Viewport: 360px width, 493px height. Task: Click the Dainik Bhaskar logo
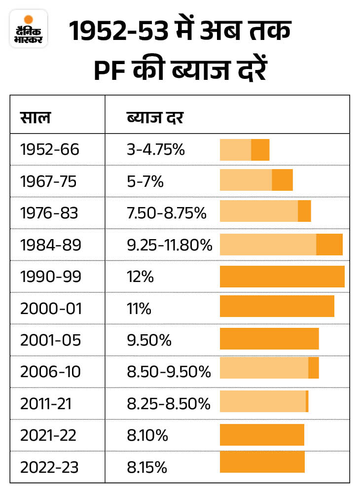[x=29, y=28]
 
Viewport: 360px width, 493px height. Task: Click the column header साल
[x=35, y=118]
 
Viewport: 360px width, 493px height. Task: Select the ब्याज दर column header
[x=155, y=118]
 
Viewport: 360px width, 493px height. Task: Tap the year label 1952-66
[x=49, y=149]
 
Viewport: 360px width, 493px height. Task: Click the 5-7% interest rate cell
[x=145, y=181]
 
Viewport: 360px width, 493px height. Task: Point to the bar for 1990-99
[x=282, y=276]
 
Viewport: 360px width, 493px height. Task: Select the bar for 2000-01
[x=277, y=306]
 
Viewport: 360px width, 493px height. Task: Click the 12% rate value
[x=140, y=277]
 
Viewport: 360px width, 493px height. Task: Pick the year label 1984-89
[x=49, y=245]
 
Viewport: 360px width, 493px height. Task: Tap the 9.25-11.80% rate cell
[x=170, y=245]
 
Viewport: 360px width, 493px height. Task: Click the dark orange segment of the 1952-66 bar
[x=260, y=150]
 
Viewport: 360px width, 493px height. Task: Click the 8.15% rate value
[x=147, y=467]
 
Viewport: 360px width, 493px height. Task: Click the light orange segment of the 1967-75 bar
[x=246, y=180]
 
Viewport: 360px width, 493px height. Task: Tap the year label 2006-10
[x=49, y=372]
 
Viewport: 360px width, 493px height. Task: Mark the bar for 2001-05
[x=269, y=338]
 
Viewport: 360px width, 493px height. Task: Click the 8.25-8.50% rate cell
[x=169, y=404]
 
